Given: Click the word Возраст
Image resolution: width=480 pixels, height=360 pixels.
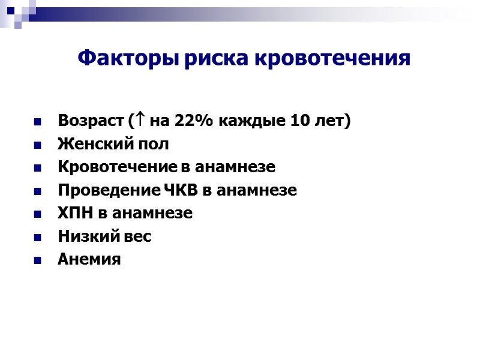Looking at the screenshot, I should coord(91,121).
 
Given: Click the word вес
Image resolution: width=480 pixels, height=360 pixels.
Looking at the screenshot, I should coord(137,236).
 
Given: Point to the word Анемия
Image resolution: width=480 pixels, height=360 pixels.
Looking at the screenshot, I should coord(89,259).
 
